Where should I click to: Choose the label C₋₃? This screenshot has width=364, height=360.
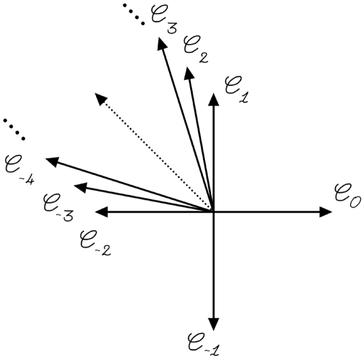tap(58, 206)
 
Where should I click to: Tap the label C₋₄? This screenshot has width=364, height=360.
tap(21, 167)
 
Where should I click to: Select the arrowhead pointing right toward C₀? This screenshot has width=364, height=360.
tap(326, 212)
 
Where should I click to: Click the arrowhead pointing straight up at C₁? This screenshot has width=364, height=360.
tap(214, 98)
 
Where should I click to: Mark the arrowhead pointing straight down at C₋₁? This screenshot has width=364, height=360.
tap(214, 324)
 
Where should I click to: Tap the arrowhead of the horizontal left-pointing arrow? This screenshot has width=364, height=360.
tap(101, 212)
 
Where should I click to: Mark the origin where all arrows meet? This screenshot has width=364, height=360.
tap(214, 212)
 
